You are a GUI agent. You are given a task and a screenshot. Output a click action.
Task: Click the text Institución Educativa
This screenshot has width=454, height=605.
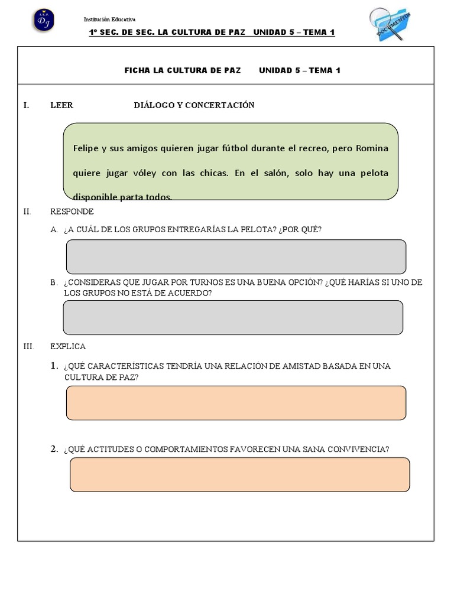pos(109,19)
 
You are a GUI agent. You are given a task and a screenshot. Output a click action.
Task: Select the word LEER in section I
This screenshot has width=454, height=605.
pos(61,105)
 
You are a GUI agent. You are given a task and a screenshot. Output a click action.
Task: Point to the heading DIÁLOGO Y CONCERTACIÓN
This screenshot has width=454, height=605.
pos(194,105)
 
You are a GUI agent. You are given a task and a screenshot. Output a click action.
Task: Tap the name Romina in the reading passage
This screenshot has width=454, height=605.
pos(372,148)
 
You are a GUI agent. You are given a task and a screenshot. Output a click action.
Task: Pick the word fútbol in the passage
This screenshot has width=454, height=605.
pos(236,148)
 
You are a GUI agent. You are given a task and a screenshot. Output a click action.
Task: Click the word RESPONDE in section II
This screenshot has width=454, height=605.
pos(72,212)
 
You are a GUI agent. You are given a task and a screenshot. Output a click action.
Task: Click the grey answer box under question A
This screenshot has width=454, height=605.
pos(236,256)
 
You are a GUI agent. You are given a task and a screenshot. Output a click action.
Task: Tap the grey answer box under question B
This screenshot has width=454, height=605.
pos(233,317)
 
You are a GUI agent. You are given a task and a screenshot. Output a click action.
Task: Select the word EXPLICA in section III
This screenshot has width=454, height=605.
pos(68,346)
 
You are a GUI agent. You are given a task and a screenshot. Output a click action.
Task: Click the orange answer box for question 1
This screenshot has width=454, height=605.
pos(236,403)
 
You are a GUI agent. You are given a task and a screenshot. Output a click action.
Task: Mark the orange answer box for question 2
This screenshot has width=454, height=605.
pos(239,474)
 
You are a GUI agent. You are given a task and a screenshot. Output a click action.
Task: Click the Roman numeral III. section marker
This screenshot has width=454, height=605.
pos(28,346)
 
